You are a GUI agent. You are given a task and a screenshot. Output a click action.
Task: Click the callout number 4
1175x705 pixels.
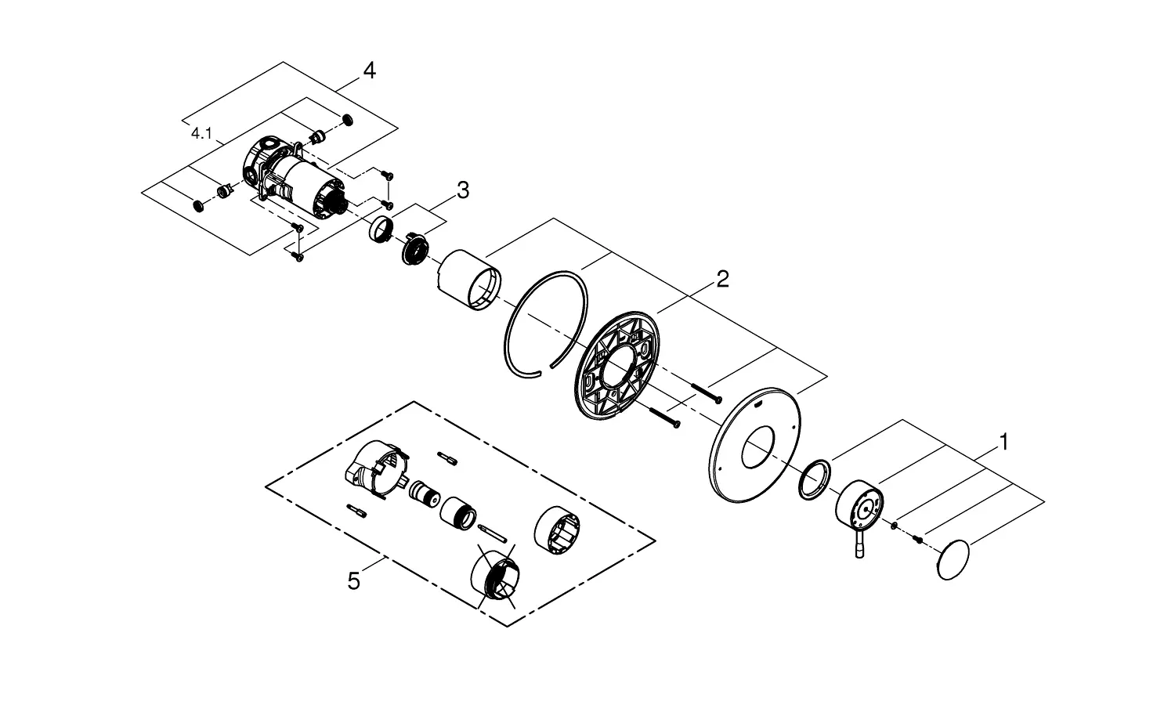click(x=369, y=70)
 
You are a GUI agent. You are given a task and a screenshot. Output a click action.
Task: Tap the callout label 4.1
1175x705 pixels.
click(x=201, y=134)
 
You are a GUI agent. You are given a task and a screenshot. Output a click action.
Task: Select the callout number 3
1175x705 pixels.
click(x=463, y=190)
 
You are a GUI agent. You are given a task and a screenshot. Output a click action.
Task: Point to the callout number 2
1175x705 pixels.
click(x=722, y=279)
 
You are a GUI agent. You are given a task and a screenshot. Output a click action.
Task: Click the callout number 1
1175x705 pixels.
click(x=1003, y=443)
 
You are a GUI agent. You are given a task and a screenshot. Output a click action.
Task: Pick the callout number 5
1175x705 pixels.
click(x=353, y=581)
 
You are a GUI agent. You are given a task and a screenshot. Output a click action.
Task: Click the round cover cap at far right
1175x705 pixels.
click(x=953, y=560)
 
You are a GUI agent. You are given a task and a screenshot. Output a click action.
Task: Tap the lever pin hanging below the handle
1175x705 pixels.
click(x=859, y=544)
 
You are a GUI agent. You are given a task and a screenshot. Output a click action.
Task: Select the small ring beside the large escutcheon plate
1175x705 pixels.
click(x=814, y=479)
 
